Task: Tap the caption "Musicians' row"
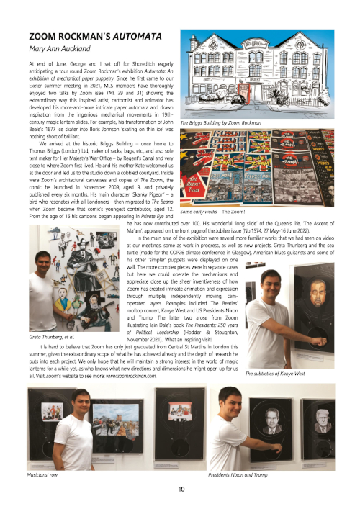tap(42, 476)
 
